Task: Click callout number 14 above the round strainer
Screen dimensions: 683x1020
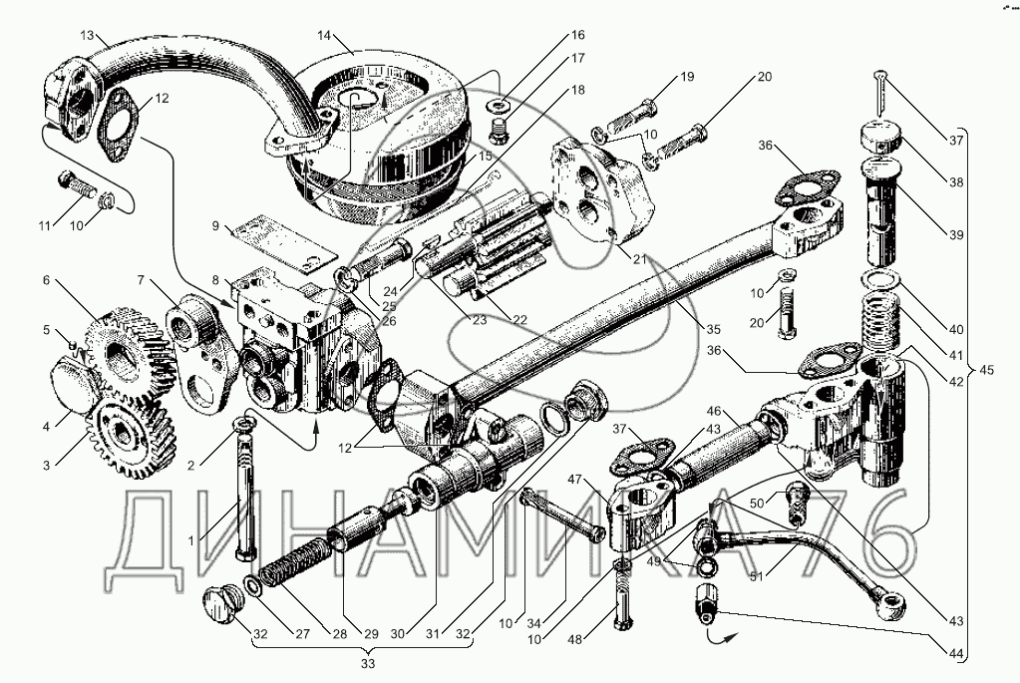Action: pos(323,36)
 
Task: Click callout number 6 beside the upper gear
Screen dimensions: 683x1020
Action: pos(46,282)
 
